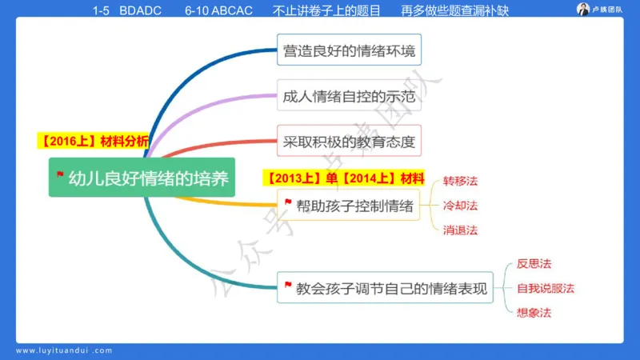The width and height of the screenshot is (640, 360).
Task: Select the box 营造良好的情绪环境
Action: tap(350, 51)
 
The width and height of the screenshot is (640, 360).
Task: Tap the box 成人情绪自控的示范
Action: tap(350, 98)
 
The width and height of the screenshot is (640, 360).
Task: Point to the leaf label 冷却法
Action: tap(460, 206)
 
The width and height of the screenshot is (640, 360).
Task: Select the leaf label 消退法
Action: tap(460, 230)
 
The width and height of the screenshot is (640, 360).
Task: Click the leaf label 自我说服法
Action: tap(545, 288)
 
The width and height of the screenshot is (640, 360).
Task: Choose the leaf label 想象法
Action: tap(534, 312)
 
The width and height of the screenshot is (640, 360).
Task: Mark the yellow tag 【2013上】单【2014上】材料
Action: tap(345, 177)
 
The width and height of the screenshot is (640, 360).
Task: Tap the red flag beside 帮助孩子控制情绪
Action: tap(287, 204)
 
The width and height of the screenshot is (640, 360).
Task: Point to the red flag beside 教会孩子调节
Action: tap(287, 285)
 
